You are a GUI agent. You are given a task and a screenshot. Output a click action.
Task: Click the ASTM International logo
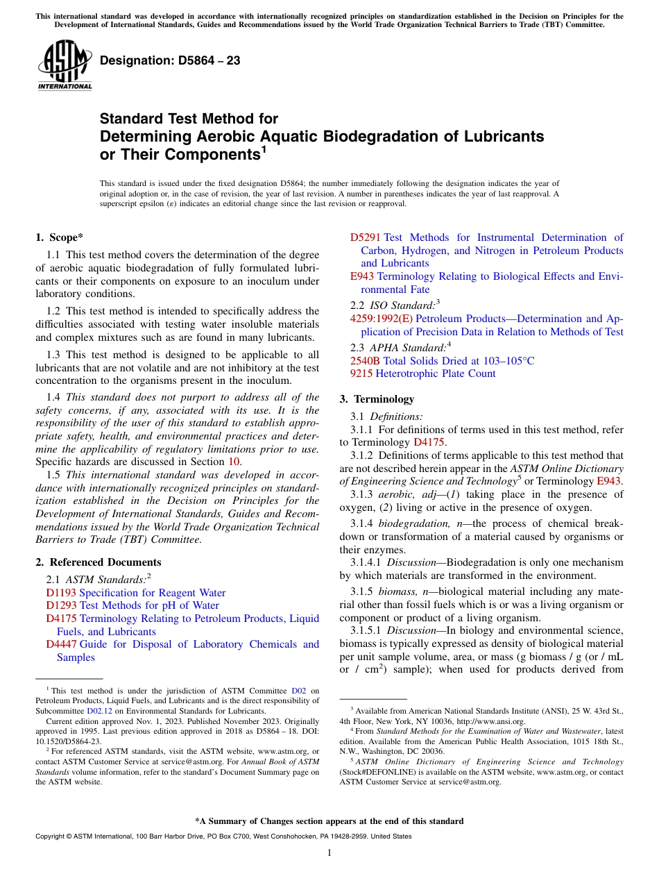click(x=65, y=67)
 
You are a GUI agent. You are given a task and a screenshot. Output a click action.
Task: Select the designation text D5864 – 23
click(x=170, y=61)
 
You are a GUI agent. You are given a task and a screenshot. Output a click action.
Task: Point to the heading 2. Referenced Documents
click(x=98, y=562)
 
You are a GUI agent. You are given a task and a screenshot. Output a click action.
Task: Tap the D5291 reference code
click(x=365, y=237)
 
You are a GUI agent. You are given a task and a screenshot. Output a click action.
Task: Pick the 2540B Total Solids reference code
click(x=365, y=361)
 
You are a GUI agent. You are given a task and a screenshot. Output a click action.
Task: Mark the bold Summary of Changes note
click(x=329, y=821)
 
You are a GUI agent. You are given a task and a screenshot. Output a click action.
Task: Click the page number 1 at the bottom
click(x=329, y=852)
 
